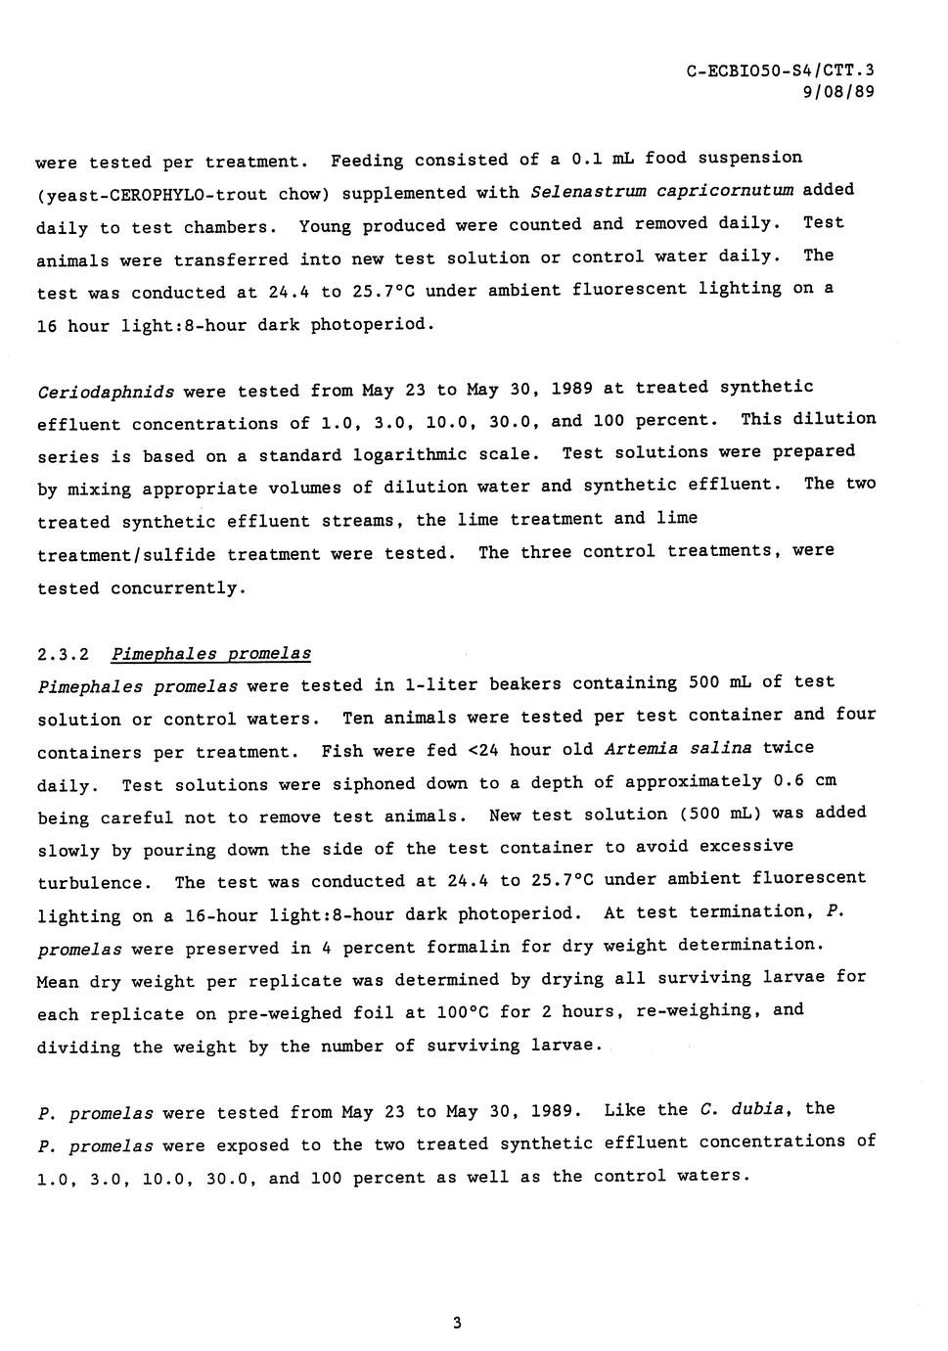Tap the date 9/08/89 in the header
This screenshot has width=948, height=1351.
point(838,93)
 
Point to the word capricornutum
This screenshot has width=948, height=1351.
point(725,190)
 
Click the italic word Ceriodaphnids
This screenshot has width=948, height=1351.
point(106,393)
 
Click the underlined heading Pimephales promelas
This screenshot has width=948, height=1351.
point(211,654)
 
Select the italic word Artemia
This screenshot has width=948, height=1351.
point(636,750)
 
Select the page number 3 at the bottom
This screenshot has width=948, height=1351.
point(457,1324)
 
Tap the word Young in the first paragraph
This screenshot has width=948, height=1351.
point(326,226)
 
